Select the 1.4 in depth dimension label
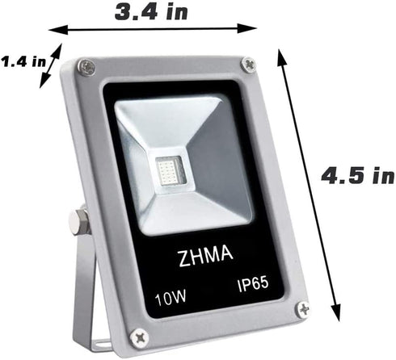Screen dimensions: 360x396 tap(22, 62)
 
